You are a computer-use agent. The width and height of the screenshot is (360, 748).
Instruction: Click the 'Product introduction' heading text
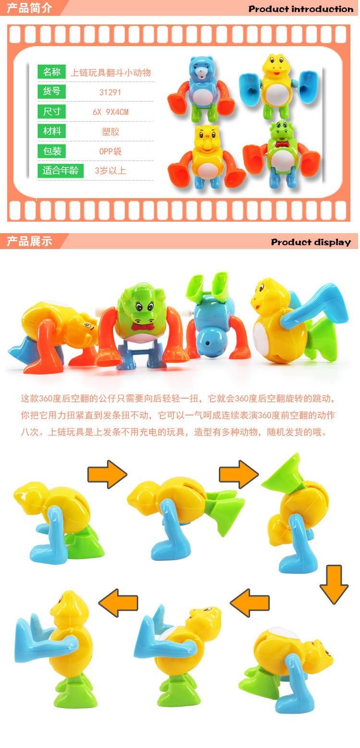300,9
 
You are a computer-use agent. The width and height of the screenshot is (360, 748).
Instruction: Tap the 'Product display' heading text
311,242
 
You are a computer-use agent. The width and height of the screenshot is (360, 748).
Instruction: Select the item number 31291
110,92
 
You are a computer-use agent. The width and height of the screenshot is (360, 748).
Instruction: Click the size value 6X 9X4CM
110,112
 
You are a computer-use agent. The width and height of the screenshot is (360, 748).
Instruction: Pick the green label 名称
52,72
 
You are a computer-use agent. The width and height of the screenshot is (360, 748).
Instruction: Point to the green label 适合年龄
60,170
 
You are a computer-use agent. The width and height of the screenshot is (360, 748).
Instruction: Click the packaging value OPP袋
110,152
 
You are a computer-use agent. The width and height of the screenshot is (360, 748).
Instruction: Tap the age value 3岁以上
110,171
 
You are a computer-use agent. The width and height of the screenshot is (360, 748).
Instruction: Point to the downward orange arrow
334,584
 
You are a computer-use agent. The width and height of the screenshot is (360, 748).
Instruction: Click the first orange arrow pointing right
107,475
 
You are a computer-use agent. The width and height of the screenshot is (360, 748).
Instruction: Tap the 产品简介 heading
29,8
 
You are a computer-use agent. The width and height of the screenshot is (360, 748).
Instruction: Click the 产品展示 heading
29,241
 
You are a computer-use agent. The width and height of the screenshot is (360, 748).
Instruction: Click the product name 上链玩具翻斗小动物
110,72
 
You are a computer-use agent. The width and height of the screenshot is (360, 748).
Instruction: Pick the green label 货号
52,92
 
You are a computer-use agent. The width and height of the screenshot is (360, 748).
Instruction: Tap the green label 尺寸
52,112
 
